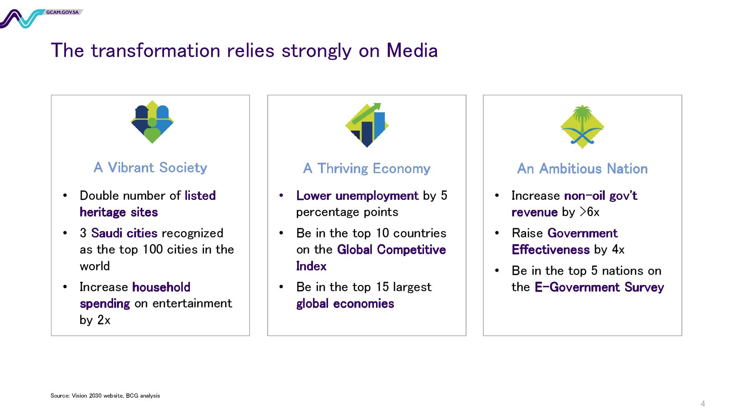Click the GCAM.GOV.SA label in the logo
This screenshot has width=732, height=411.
[x=63, y=12]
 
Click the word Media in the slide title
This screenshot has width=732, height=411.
[x=412, y=50]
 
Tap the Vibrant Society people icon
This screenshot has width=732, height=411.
[x=152, y=122]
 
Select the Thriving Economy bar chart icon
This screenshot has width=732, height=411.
[x=367, y=125]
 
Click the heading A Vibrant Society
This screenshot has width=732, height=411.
[x=150, y=167]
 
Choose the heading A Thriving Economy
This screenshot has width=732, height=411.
[x=366, y=169]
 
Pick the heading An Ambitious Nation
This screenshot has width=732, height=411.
[x=582, y=169]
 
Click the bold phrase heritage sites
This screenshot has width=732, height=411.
[x=119, y=212]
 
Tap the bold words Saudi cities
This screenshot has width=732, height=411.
[x=124, y=233]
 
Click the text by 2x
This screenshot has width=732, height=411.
[x=95, y=320]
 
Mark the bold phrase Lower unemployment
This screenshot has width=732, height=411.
[x=357, y=195]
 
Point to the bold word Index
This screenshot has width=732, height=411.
[x=311, y=266]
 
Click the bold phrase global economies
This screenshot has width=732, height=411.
[x=345, y=304]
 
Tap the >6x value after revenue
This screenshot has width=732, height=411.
[x=590, y=212]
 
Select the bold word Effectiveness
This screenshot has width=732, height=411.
[x=550, y=250]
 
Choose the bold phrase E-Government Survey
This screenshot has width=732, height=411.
[x=599, y=287]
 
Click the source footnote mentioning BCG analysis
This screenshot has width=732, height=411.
[x=105, y=396]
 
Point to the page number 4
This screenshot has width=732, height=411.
[x=703, y=403]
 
